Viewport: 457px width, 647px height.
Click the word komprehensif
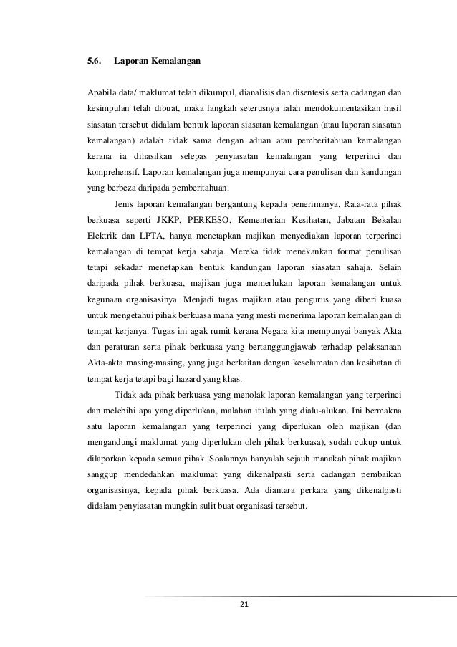point(112,173)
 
